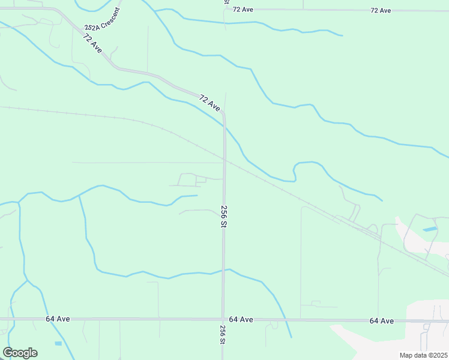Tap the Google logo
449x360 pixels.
click(20, 353)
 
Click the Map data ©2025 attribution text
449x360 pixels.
click(423, 355)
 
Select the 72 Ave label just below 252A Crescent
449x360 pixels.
click(93, 44)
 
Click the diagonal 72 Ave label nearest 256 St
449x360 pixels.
click(209, 103)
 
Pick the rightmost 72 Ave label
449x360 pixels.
click(381, 11)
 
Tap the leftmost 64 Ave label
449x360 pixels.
click(58, 319)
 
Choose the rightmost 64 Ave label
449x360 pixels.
click(381, 321)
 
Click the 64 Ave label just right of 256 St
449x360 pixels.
click(241, 319)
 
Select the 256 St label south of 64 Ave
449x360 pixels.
click(223, 334)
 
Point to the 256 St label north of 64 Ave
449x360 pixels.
click(223, 216)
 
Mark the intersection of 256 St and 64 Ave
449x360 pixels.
click(223, 319)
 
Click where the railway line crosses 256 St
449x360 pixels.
click(224, 159)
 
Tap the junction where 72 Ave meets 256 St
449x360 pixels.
click(223, 113)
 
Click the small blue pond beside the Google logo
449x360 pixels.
click(58, 343)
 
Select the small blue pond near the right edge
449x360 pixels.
click(430, 229)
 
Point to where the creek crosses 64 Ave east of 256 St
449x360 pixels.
click(286, 320)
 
